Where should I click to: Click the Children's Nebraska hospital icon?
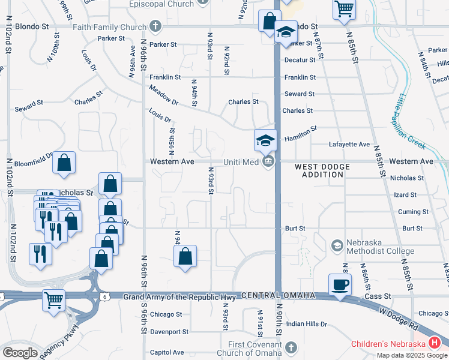click(x=435, y=343)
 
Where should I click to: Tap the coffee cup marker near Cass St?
click(x=340, y=284)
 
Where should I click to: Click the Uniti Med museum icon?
click(x=268, y=161)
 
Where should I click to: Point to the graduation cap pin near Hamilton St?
click(x=265, y=140)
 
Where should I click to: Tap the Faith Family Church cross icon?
click(x=155, y=26)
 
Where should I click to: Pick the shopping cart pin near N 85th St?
click(x=344, y=9)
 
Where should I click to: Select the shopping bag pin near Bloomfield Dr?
click(x=64, y=162)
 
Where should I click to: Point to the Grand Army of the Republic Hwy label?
click(x=180, y=296)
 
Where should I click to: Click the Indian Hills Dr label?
click(x=306, y=324)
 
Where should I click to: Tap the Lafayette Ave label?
click(x=349, y=145)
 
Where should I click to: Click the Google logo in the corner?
click(x=20, y=353)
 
